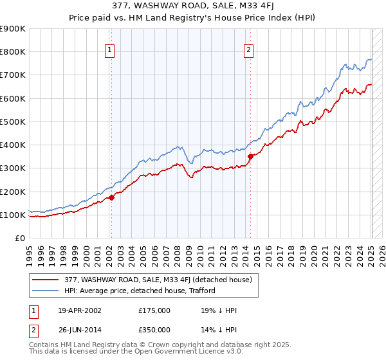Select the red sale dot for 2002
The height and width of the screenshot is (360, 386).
coord(111,198)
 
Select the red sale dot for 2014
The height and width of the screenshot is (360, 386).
coord(250,155)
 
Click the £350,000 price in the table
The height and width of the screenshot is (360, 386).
coord(154,330)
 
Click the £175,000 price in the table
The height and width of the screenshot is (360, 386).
coord(154,310)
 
